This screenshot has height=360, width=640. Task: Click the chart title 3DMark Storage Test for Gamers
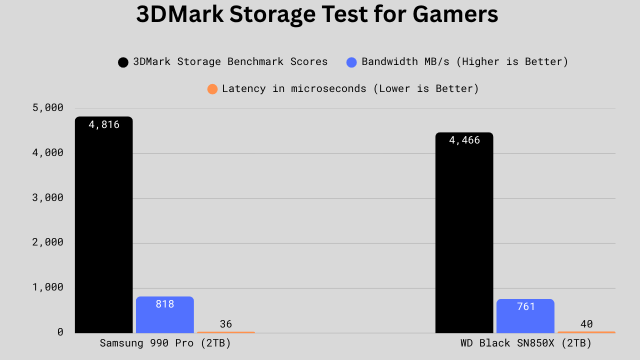tap(317, 14)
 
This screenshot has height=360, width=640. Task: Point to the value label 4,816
tap(104, 124)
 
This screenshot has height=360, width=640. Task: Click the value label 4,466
tap(464, 140)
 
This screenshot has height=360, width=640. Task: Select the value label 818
tap(165, 303)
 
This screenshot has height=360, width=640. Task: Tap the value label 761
tap(525, 306)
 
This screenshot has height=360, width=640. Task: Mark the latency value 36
tap(226, 324)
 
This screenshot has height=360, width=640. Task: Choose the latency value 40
tap(586, 324)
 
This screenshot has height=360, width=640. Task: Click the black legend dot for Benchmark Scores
tap(123, 62)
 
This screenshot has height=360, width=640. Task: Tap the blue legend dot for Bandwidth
tap(351, 62)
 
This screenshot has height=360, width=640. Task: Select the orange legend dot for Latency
tap(212, 89)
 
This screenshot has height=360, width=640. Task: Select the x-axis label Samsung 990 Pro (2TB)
tap(165, 343)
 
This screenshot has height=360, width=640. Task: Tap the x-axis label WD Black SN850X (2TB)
tap(526, 343)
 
